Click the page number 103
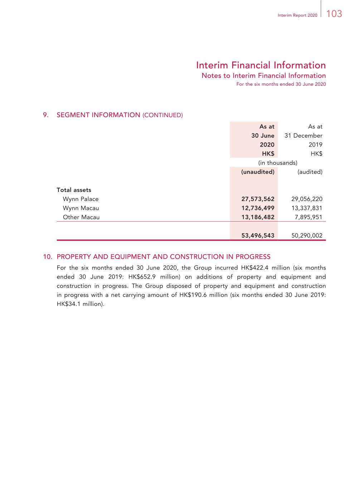tap(334, 14)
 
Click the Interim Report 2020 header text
tap(297, 15)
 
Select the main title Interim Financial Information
tap(261, 65)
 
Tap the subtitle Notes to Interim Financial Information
tap(264, 75)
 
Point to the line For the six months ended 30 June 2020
tap(281, 84)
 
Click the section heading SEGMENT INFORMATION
tap(98, 115)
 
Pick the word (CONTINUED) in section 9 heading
tap(162, 115)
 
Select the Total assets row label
tap(74, 190)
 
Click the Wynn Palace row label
tap(81, 199)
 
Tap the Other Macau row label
tap(81, 217)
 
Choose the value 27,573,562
tap(258, 199)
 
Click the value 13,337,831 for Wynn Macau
tap(307, 208)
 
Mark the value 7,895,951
tap(308, 217)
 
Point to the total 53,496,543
tap(258, 236)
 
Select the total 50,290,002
tap(307, 236)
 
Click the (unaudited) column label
tap(258, 172)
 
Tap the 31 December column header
tap(303, 135)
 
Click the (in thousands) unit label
tap(278, 163)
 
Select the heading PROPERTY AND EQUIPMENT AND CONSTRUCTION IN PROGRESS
tap(164, 257)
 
